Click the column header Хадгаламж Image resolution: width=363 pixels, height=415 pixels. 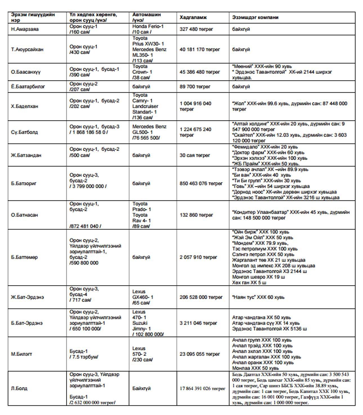pyautogui.click(x=193, y=17)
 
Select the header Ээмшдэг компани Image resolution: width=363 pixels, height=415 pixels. pyautogui.click(x=255, y=17)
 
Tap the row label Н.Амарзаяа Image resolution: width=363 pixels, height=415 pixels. pyautogui.click(x=25, y=29)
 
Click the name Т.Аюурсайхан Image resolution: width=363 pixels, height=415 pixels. pyautogui.click(x=27, y=50)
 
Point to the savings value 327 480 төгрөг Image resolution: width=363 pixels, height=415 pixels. pyautogui.click(x=196, y=29)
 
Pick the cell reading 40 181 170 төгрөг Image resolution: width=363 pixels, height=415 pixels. pyautogui.click(x=200, y=50)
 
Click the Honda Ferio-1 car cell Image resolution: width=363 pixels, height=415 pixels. pyautogui.click(x=148, y=29)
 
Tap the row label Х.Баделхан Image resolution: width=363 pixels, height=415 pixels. pyautogui.click(x=24, y=106)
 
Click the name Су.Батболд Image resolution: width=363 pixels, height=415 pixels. pyautogui.click(x=24, y=132)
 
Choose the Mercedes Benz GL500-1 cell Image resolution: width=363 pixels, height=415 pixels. pyautogui.click(x=149, y=132)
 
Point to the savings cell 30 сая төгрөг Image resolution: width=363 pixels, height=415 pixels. pyautogui.click(x=195, y=155)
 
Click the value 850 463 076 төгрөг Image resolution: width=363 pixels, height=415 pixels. pyautogui.click(x=201, y=184)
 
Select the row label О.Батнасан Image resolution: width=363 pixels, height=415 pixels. pyautogui.click(x=24, y=215)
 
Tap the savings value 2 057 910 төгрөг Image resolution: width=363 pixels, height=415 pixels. pyautogui.click(x=198, y=257)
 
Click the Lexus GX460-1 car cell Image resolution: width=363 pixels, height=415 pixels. pyautogui.click(x=143, y=297)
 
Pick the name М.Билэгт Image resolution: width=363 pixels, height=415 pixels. pyautogui.click(x=21, y=354)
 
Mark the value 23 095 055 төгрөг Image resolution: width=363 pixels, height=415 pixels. pyautogui.click(x=200, y=354)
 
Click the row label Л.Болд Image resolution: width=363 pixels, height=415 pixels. pyautogui.click(x=19, y=389)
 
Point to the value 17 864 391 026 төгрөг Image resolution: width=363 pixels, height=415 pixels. pyautogui.click(x=203, y=389)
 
